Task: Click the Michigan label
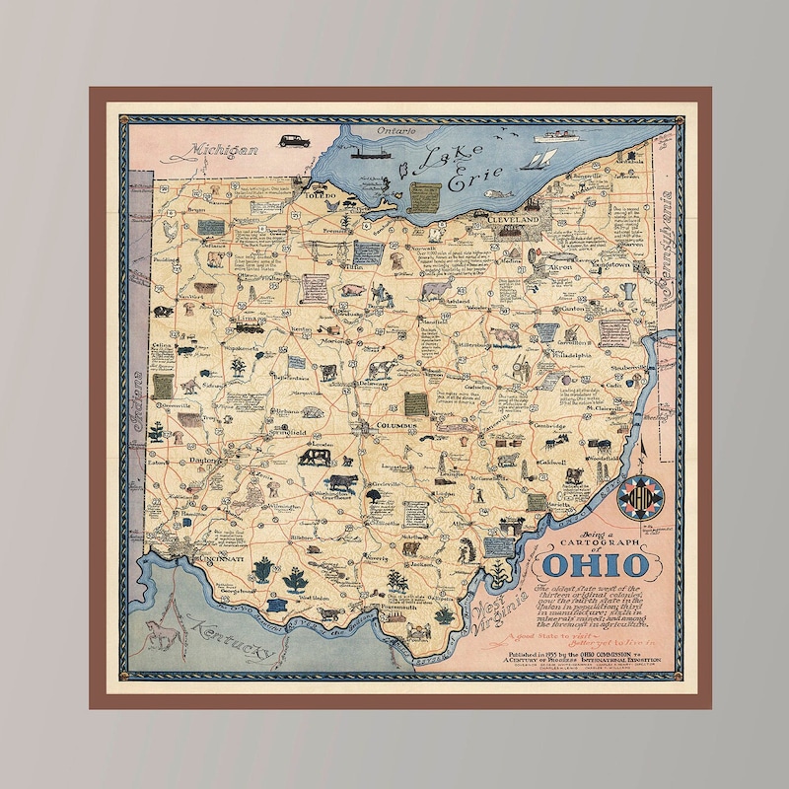click(x=212, y=151)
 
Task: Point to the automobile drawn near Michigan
click(x=293, y=140)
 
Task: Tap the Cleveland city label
click(x=516, y=218)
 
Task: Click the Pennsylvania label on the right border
click(x=672, y=237)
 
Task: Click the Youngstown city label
click(x=611, y=265)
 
